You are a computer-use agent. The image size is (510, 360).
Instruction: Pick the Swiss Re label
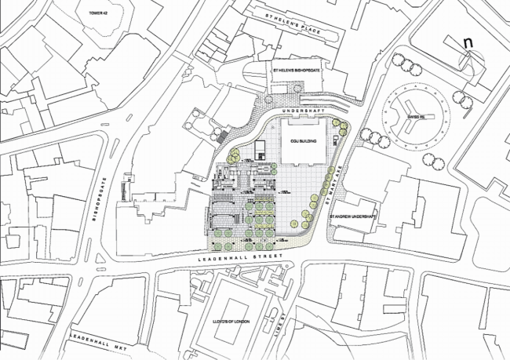point(417,118)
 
